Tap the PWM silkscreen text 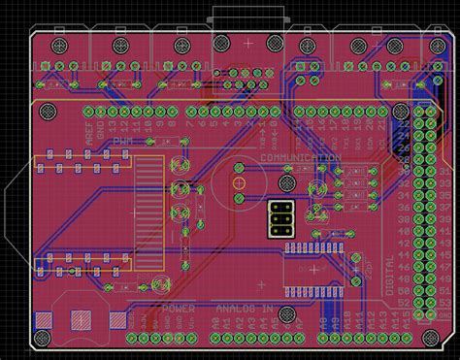click(x=124, y=143)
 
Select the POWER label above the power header click(x=179, y=309)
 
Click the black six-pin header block click(x=281, y=219)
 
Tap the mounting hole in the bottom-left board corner click(x=42, y=338)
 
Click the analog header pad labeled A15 click(x=405, y=338)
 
